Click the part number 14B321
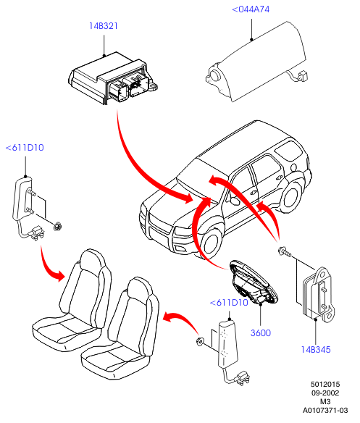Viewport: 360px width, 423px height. [x=104, y=26]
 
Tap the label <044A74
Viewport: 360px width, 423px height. [x=251, y=9]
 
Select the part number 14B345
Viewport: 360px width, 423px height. [x=316, y=350]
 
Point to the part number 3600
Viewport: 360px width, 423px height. [x=261, y=333]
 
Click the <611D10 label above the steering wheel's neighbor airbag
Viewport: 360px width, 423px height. [x=229, y=303]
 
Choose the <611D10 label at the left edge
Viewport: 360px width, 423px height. [x=25, y=148]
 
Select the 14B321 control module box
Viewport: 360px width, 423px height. [x=113, y=78]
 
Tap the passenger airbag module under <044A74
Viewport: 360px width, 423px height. [x=256, y=62]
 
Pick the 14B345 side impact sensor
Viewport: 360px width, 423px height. [x=319, y=295]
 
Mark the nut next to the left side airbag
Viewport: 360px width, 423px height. [x=57, y=226]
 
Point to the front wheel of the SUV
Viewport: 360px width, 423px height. [x=212, y=243]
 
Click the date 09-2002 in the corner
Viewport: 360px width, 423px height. [x=325, y=393]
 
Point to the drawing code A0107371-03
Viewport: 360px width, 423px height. [x=325, y=411]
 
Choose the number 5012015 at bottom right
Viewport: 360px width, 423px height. [x=325, y=385]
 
